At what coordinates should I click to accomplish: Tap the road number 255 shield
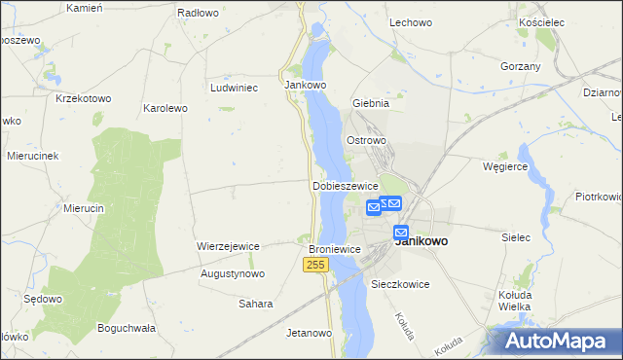tap(314, 265)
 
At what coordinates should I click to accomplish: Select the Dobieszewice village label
tap(345, 186)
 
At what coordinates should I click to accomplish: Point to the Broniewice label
tap(335, 249)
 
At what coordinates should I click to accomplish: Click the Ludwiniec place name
tap(234, 87)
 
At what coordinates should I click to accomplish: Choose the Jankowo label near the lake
tap(305, 85)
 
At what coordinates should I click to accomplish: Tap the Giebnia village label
tap(371, 102)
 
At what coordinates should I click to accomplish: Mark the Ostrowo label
tap(367, 140)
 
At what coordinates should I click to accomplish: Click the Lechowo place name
tap(410, 21)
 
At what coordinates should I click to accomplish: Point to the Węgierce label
tap(505, 166)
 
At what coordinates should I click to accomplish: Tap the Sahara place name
tap(256, 304)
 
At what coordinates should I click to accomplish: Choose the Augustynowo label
tap(233, 274)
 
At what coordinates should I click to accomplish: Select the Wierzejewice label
tap(228, 246)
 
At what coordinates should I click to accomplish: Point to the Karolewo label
tap(165, 108)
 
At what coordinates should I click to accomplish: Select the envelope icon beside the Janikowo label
tap(401, 233)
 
